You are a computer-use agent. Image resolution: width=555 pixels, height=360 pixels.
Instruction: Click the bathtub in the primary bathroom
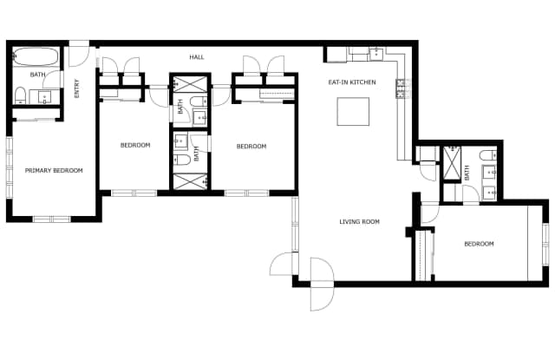pyautogui.click(x=36, y=58)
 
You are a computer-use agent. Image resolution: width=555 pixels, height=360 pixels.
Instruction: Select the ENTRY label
pyautogui.click(x=77, y=88)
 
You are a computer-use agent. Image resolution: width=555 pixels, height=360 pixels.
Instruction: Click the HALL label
pyautogui.click(x=197, y=57)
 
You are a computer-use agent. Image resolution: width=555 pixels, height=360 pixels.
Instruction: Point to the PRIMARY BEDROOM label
pyautogui.click(x=54, y=170)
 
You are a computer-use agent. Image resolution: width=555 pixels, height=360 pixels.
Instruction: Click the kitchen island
pyautogui.click(x=353, y=111)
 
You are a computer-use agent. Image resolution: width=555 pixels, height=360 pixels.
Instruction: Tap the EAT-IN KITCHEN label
pyautogui.click(x=351, y=82)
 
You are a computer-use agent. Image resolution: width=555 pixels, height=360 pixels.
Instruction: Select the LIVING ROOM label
pyautogui.click(x=359, y=222)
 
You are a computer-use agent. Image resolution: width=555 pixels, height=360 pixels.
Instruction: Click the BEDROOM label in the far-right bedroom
pyautogui.click(x=479, y=244)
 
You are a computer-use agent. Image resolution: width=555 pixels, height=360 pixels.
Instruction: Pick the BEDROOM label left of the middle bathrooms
pyautogui.click(x=135, y=145)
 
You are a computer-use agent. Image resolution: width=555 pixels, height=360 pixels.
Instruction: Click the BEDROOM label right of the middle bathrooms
pyautogui.click(x=251, y=147)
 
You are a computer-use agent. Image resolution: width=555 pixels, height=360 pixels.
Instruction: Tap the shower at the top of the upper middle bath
pyautogui.click(x=188, y=85)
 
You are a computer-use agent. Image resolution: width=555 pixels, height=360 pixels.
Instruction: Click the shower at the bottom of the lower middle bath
pyautogui.click(x=188, y=181)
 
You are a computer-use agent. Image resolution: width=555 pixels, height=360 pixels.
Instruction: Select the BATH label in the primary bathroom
pyautogui.click(x=38, y=75)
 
